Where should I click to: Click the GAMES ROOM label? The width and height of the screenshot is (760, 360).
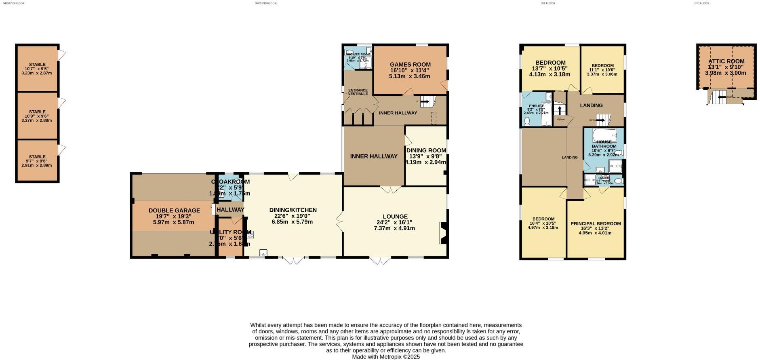410,65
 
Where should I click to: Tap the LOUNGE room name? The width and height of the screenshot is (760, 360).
395,217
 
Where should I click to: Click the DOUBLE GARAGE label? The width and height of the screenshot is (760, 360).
174,211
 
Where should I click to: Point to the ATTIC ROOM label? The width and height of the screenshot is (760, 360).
726,61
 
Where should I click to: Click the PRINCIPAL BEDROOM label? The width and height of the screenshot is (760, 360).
596,223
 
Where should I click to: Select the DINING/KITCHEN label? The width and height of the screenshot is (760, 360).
293,210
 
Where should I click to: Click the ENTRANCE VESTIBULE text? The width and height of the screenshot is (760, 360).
358,92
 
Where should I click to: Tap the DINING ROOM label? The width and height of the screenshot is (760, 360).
426,150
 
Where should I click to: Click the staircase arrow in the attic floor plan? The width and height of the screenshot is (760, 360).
719,97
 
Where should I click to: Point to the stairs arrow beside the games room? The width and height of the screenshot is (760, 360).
425,101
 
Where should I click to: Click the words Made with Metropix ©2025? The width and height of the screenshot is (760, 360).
386,357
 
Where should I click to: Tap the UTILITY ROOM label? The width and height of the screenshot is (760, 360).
230,232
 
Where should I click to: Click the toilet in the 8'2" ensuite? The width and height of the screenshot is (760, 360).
527,122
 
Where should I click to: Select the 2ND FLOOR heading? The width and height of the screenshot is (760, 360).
701,3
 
